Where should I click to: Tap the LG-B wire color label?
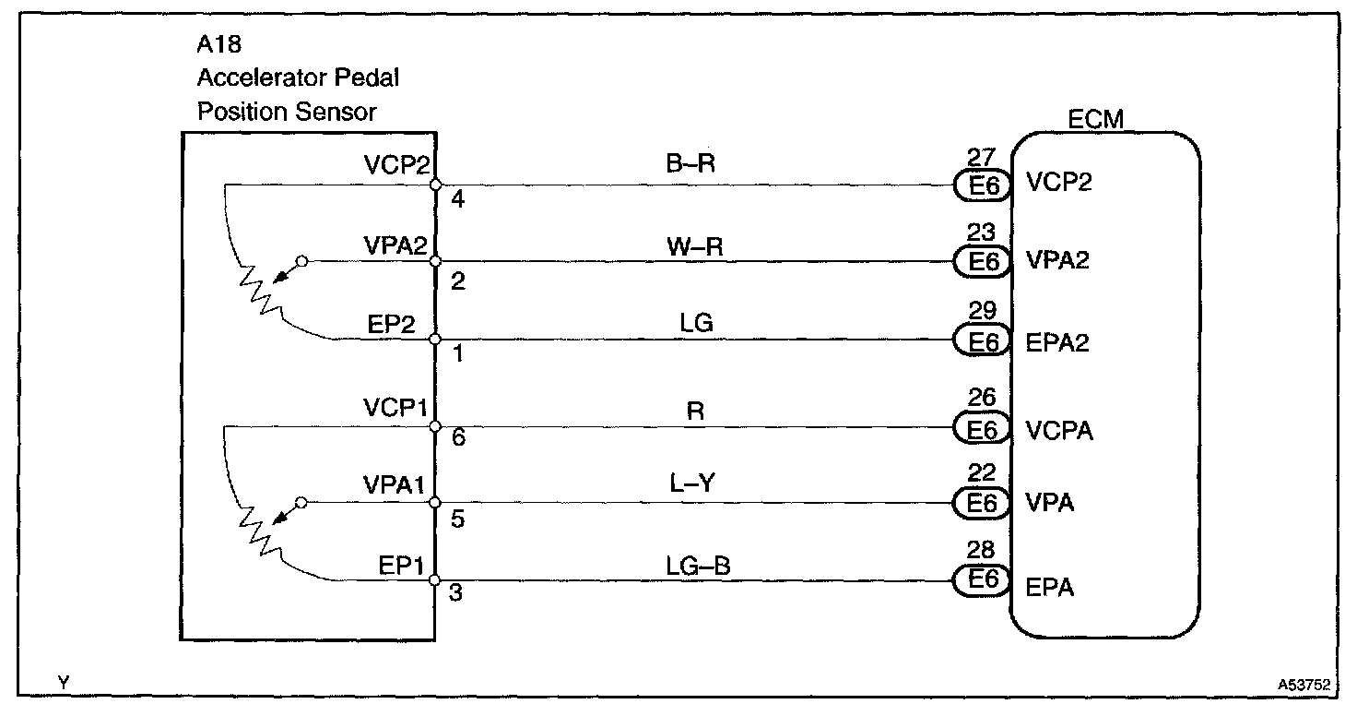click(x=698, y=565)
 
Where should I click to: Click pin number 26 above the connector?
click(x=983, y=398)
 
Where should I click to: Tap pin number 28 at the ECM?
click(x=983, y=551)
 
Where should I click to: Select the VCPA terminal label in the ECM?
click(x=1059, y=429)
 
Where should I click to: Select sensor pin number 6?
click(x=457, y=440)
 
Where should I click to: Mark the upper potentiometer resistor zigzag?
click(x=259, y=287)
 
